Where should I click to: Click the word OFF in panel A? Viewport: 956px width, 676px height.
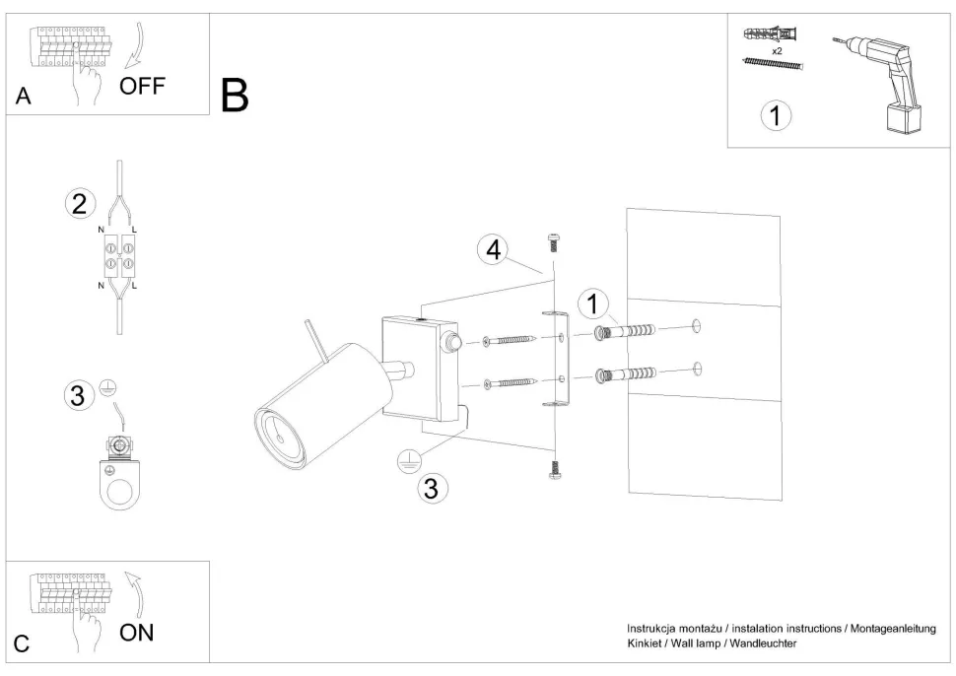142,86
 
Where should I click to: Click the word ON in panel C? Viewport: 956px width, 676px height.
137,632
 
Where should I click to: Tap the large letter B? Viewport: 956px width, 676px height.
235,95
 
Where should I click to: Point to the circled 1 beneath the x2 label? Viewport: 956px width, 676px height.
776,116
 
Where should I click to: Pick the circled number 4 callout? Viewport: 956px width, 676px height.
492,250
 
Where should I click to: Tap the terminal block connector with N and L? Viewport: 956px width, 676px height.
119,258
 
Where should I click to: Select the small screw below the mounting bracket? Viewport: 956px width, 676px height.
553,471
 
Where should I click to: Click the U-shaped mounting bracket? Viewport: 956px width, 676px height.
558,359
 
